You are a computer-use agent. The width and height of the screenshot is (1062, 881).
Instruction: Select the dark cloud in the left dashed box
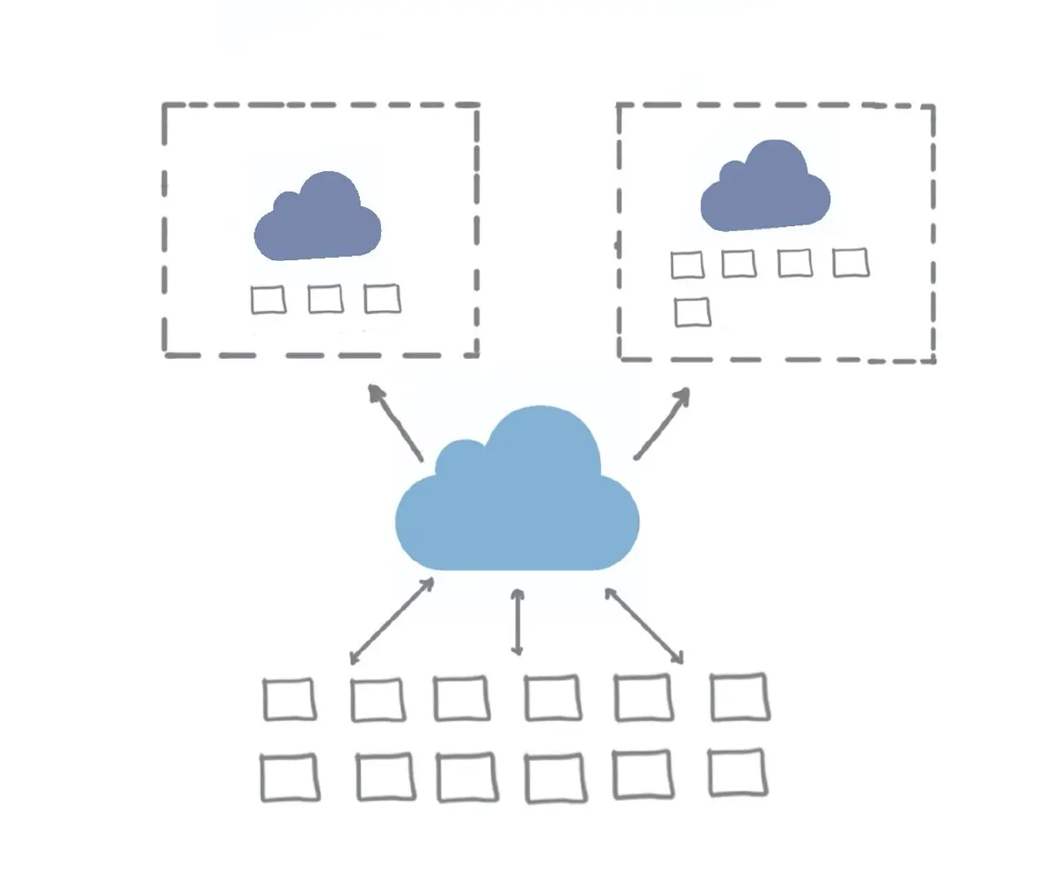point(317,222)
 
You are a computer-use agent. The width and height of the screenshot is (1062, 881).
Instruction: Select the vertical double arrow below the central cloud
point(516,622)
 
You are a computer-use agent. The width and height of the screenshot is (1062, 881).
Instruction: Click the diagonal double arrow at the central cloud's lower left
point(392,621)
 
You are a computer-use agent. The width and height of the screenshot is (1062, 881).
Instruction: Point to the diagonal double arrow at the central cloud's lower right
point(644,625)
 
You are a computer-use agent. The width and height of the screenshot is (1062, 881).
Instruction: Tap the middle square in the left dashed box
point(325,299)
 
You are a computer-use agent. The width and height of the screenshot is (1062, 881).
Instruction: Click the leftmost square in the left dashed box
point(268,299)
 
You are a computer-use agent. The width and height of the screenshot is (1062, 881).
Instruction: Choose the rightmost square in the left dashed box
point(382,299)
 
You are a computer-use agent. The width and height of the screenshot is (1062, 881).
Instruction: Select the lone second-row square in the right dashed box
point(693,312)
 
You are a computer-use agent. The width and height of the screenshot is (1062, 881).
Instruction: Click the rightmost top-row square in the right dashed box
point(851,263)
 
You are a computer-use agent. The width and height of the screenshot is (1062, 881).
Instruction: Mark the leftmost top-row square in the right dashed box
point(687,264)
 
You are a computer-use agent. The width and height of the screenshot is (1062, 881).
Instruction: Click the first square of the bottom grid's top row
point(290,699)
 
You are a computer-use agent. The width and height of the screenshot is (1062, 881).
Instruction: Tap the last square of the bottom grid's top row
point(739,697)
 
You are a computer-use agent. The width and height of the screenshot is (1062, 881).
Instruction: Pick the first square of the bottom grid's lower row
point(290,777)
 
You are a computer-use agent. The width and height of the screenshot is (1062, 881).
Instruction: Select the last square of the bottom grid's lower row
point(737,772)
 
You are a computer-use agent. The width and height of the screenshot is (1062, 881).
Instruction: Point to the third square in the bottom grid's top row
point(462,698)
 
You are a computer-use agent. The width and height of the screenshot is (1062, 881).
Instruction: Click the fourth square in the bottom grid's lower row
point(555,778)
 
